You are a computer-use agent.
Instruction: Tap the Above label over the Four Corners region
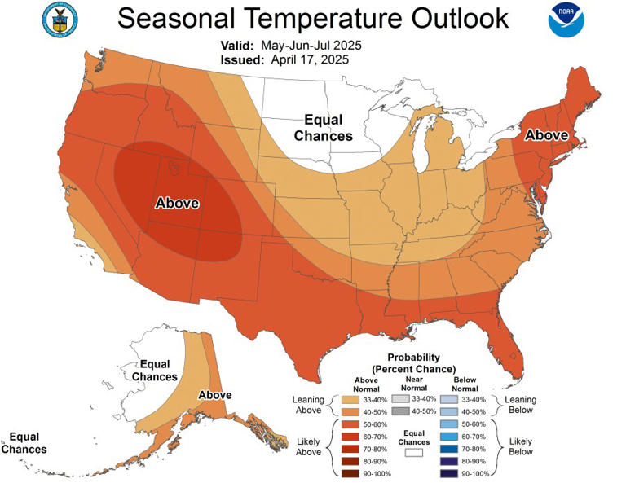(177, 204)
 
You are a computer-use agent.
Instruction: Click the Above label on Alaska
(215, 395)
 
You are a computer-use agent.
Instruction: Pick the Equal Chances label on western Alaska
(154, 371)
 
